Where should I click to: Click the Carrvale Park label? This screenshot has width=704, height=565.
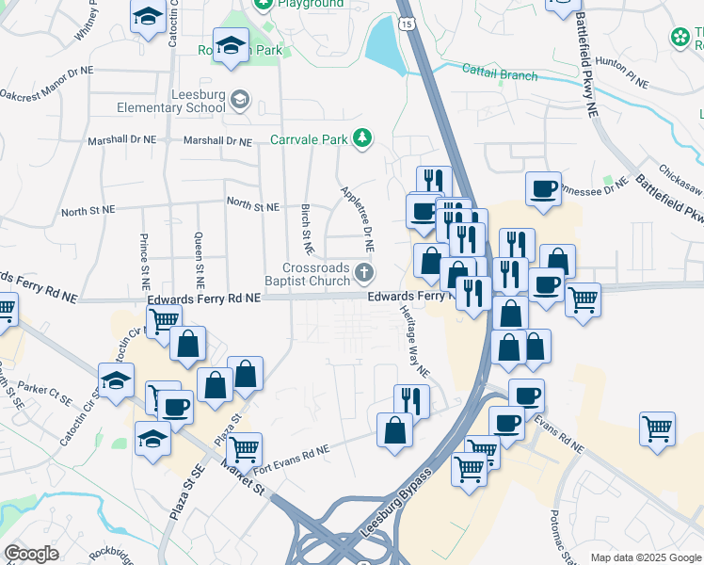pyautogui.click(x=309, y=140)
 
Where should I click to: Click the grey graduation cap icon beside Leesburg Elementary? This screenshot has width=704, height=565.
pyautogui.click(x=241, y=99)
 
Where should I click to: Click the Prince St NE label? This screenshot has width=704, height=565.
pyautogui.click(x=144, y=260)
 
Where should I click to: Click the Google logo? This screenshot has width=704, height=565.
pyautogui.click(x=31, y=553)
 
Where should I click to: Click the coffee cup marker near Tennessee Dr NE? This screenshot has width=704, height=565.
pyautogui.click(x=543, y=188)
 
